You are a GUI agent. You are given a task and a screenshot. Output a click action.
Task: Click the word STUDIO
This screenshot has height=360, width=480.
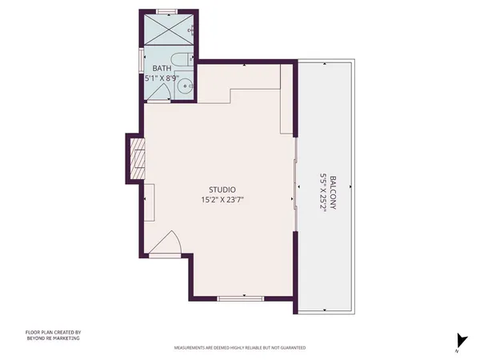tap(221, 190)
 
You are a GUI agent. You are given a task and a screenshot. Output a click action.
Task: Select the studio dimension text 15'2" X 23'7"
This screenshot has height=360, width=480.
tap(221, 200)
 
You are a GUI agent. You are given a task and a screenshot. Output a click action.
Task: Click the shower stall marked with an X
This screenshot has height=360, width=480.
tap(169, 31)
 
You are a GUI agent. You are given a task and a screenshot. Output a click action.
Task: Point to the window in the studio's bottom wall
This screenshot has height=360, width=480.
tap(240, 298)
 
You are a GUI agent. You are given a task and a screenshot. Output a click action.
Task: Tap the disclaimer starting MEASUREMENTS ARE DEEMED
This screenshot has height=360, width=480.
tap(240, 349)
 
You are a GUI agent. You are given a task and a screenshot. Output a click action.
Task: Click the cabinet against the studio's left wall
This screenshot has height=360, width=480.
tap(149, 196)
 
